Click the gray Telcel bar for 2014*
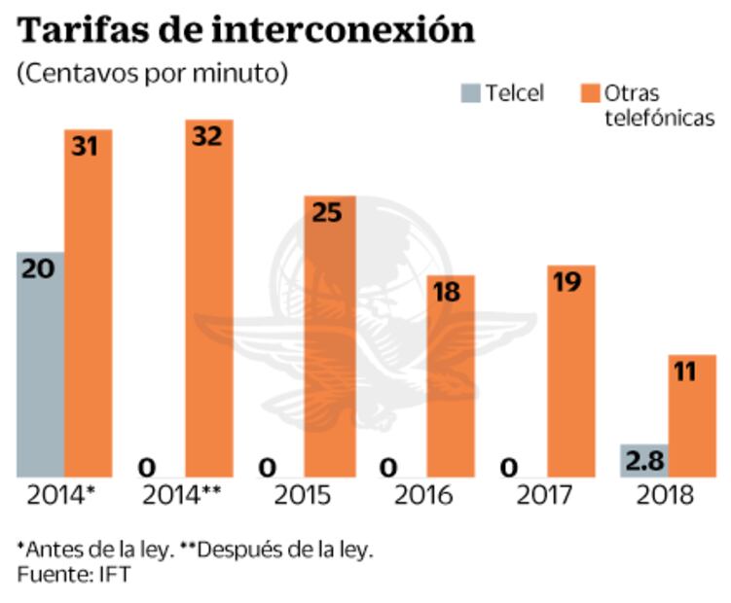click(41, 365)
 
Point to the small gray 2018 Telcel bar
click(643, 461)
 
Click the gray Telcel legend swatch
click(471, 93)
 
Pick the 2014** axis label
click(183, 496)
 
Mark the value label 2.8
click(643, 461)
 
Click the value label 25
click(329, 212)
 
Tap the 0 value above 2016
click(388, 468)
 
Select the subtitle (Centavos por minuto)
click(152, 74)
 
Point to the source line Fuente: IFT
click(73, 575)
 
